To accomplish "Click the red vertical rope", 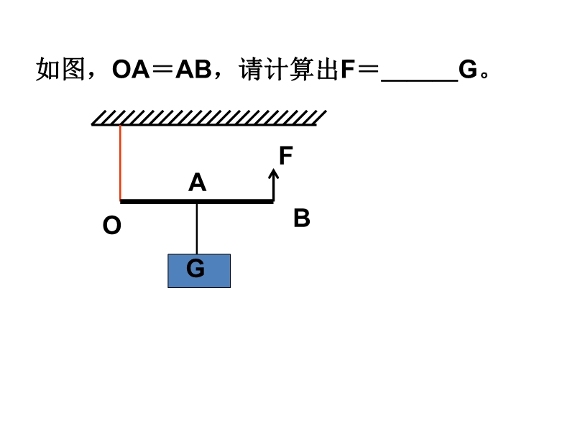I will tap(120, 162).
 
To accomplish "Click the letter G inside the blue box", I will tap(195, 269).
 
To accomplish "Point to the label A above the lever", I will tap(197, 182).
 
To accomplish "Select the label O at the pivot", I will tap(112, 226).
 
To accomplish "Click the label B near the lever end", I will tap(302, 218).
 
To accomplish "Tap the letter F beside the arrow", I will tap(285, 156).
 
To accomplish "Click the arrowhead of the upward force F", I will tap(273, 173).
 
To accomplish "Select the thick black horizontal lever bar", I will tap(158, 202).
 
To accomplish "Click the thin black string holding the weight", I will tap(197, 228).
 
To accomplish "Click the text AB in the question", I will tap(193, 70).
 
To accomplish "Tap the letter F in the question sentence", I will tap(348, 70).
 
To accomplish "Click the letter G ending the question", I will tap(468, 70).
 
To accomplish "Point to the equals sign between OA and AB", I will tap(162, 70).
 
